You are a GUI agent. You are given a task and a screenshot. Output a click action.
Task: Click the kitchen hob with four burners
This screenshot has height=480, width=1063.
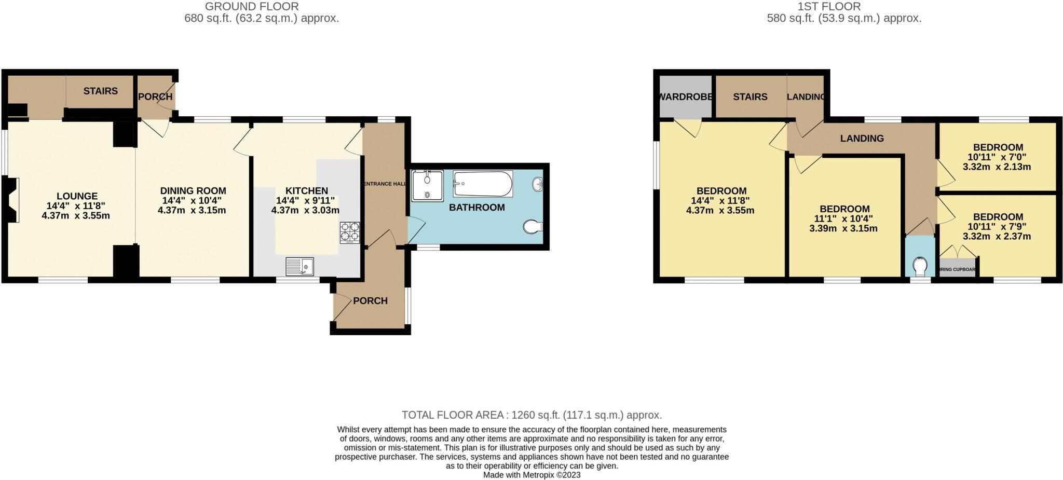pyautogui.click(x=350, y=232)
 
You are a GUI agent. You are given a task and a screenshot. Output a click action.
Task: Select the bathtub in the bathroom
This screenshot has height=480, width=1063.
pyautogui.click(x=483, y=184)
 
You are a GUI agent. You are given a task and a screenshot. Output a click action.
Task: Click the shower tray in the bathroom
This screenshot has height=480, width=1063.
pyautogui.click(x=428, y=186)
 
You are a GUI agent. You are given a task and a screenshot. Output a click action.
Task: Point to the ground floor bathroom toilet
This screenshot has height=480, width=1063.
pyautogui.click(x=533, y=227)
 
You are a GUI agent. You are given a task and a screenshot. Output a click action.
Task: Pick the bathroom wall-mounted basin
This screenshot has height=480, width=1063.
pyautogui.click(x=538, y=184)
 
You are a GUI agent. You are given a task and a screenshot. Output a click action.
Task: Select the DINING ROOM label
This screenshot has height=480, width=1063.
pyautogui.click(x=193, y=191)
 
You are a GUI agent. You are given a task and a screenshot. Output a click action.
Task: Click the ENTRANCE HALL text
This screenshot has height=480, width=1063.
pyautogui.click(x=385, y=184)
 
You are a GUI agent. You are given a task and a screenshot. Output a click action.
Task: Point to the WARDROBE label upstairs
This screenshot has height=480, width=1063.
pyautogui.click(x=685, y=97)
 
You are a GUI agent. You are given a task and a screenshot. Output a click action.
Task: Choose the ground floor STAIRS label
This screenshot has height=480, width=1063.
pyautogui.click(x=101, y=91)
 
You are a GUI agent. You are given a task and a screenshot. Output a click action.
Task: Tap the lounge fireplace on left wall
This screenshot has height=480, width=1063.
pyautogui.click(x=12, y=200)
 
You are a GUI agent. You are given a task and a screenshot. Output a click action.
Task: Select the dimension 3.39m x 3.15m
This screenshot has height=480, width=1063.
pyautogui.click(x=844, y=228)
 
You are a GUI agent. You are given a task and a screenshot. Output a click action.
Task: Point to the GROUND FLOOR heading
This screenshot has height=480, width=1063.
pyautogui.click(x=252, y=7)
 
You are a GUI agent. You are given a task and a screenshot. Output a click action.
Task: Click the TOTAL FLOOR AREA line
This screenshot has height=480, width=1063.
pyautogui.click(x=531, y=415)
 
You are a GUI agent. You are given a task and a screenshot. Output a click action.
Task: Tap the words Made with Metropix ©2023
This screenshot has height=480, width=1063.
pyautogui.click(x=531, y=475)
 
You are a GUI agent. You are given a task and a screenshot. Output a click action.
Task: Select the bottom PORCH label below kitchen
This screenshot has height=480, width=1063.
pyautogui.click(x=370, y=301)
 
